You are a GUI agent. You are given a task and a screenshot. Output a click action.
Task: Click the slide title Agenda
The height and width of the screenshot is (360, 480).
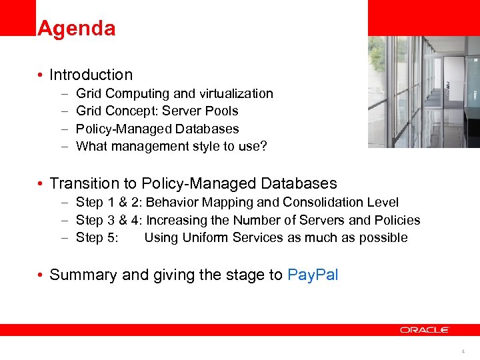77,29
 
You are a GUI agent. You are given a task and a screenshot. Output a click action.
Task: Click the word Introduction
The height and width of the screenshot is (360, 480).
91,75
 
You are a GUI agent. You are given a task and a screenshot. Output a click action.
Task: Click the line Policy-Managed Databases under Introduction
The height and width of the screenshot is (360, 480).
157,129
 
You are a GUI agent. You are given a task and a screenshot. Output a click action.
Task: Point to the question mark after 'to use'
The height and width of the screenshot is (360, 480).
263,146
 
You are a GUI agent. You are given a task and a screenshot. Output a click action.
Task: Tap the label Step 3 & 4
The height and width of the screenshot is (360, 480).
109,220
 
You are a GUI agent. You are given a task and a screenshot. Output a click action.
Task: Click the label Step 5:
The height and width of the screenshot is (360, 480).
97,238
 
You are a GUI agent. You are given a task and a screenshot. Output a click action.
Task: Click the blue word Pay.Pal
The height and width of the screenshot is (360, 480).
313,275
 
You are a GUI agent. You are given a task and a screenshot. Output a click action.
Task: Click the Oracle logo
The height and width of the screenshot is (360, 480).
425,329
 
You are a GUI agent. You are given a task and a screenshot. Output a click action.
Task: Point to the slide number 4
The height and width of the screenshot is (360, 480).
462,351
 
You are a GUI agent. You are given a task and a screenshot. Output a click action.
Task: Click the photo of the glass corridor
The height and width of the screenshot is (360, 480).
423,91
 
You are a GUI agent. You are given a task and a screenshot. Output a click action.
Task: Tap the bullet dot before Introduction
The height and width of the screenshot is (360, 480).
41,75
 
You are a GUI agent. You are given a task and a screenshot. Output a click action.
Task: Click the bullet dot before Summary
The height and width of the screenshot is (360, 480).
41,275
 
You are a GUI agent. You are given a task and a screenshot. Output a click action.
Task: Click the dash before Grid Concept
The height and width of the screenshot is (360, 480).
63,111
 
